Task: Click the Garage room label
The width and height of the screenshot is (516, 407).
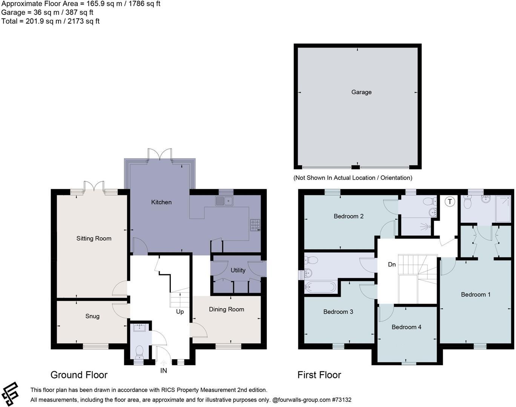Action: coord(361,92)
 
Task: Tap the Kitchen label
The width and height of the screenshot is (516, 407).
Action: coord(161,202)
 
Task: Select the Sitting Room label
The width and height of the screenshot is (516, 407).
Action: coord(94,239)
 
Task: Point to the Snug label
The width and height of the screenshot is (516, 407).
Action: coord(92,316)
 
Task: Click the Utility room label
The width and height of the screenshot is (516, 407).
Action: coord(238,270)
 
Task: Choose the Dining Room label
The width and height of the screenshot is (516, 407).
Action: coord(226,309)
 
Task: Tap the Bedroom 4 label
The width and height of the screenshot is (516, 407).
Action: coord(406,327)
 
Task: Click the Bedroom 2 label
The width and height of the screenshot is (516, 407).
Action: coord(349,216)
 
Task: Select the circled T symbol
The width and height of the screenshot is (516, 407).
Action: coord(449,202)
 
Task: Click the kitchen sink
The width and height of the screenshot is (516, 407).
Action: coord(224,201)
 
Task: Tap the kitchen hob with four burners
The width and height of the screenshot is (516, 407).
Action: coord(255,225)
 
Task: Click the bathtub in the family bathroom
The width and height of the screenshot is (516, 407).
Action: coord(320,288)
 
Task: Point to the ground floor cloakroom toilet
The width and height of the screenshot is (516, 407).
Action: coord(139,352)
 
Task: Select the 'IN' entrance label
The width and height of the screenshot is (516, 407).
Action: coord(163,371)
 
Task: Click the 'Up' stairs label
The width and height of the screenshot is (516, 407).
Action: coord(180,312)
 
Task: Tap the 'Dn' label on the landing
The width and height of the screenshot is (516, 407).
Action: coord(392,265)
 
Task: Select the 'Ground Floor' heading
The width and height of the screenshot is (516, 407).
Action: coord(79,375)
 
